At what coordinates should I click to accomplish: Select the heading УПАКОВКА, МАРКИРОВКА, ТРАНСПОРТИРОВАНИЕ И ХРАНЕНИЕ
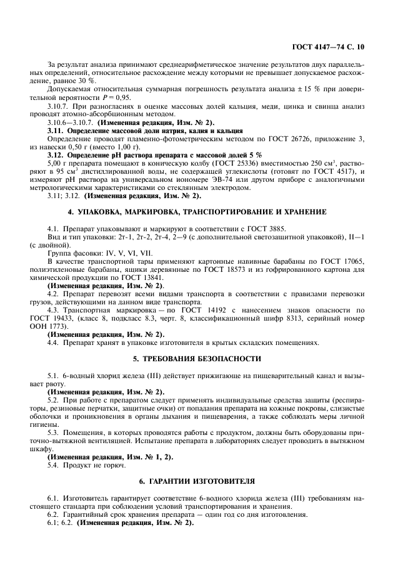click(206, 212)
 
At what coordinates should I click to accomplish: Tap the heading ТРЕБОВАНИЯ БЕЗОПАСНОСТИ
click(206, 360)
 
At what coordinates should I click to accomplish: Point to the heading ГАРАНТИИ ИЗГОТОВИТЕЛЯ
click(206, 482)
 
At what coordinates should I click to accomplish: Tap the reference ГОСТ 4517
click(342, 170)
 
